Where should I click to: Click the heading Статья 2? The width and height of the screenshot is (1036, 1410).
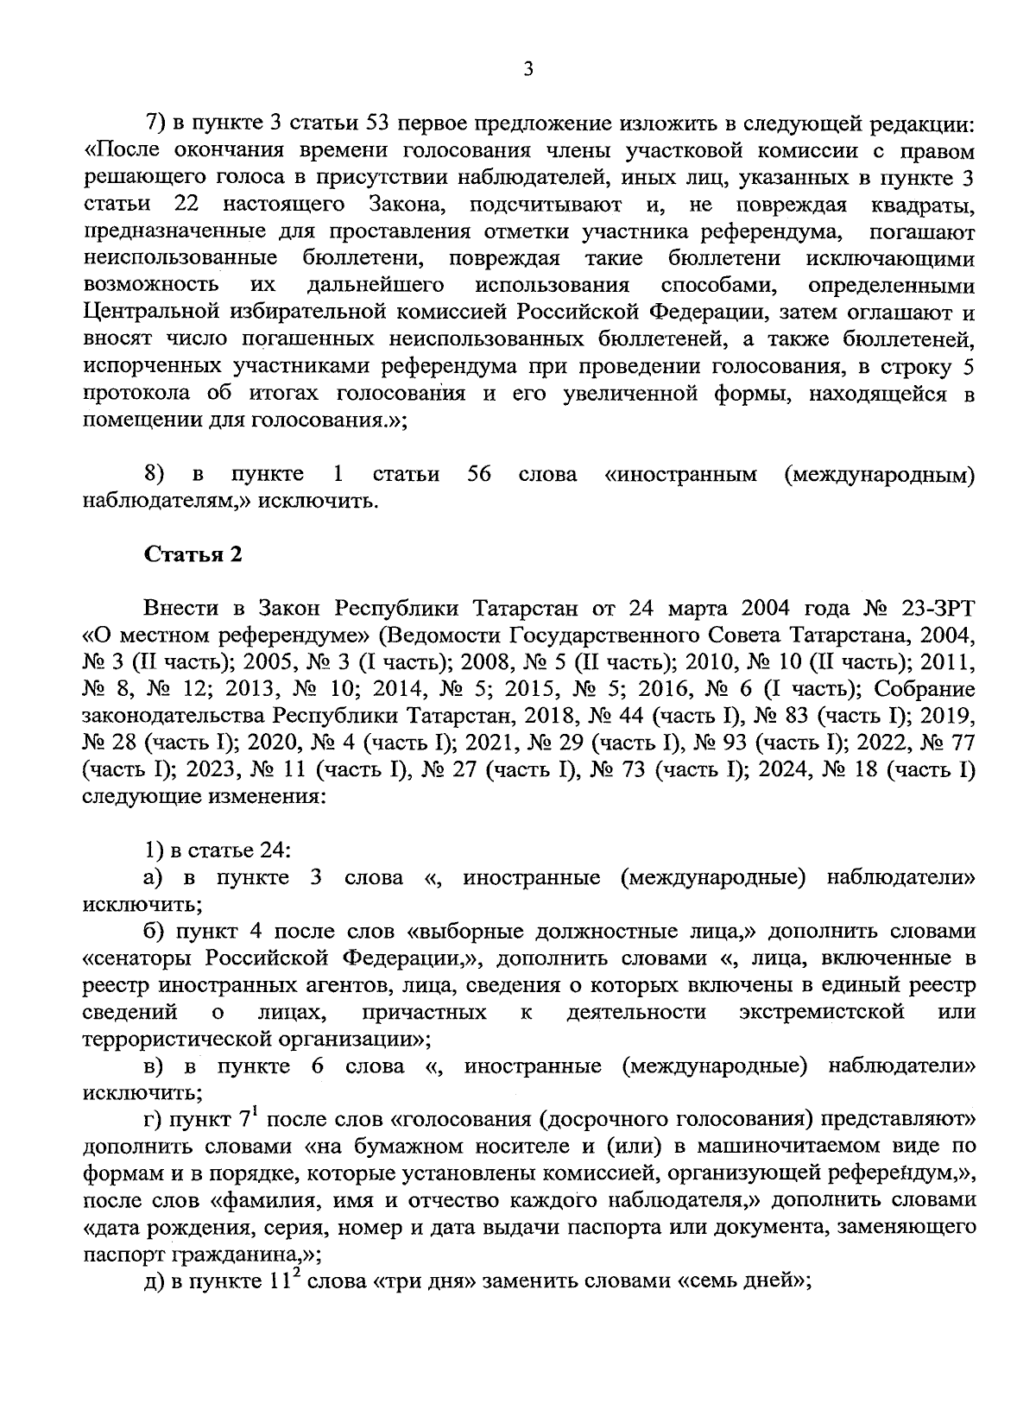tap(193, 554)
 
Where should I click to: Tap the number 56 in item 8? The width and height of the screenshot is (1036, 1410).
tap(478, 474)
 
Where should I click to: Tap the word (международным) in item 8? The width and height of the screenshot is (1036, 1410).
tap(880, 474)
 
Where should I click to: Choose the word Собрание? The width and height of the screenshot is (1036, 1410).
tap(925, 689)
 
